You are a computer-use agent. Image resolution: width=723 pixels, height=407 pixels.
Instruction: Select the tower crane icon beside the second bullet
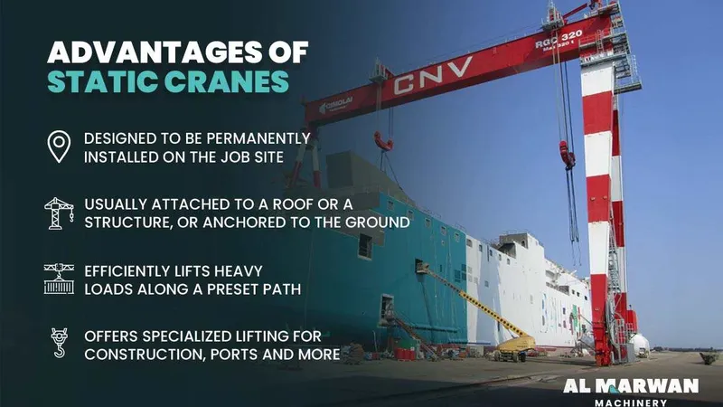[x=60, y=213]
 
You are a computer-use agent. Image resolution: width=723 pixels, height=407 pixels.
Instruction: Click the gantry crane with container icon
[x=60, y=278]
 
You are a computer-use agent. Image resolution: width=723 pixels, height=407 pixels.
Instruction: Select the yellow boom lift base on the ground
[x=516, y=345]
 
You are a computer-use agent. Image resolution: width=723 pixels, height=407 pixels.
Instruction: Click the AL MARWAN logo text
[x=631, y=386]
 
